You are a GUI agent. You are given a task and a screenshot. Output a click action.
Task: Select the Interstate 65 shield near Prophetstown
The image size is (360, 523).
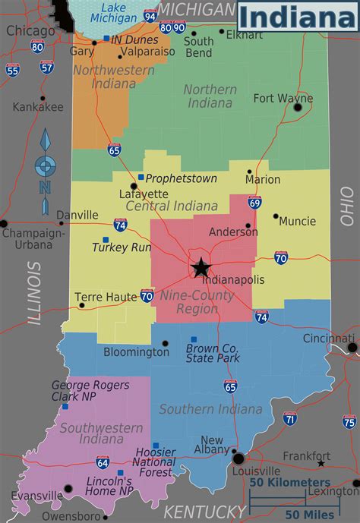click(115, 150)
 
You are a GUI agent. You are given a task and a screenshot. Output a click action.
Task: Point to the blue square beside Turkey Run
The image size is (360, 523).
click(106, 240)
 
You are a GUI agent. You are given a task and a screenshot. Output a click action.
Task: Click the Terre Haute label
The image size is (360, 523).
click(106, 298)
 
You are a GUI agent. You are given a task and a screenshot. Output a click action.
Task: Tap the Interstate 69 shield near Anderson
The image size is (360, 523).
click(254, 202)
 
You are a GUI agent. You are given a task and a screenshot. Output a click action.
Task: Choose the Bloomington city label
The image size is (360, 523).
click(136, 352)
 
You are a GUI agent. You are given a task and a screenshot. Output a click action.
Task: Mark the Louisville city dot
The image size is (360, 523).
click(238, 458)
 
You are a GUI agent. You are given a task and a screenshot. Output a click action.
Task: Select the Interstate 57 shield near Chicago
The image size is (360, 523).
click(47, 68)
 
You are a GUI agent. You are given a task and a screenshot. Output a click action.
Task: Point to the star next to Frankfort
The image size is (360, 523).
click(321, 463)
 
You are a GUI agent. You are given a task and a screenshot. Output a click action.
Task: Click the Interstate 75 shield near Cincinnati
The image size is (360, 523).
click(349, 421)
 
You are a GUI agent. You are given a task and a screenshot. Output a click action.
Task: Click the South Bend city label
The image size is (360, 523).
click(198, 47)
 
